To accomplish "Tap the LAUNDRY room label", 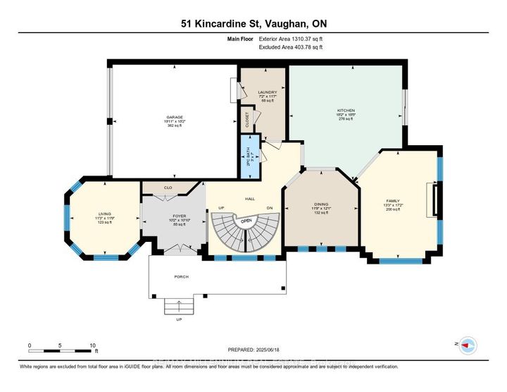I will click(x=267, y=92).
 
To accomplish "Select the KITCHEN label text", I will click(x=346, y=111).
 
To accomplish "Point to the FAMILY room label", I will click(x=392, y=201).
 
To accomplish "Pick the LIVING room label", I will click(x=105, y=214).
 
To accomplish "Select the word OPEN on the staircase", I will click(x=246, y=221).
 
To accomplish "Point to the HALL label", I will click(x=249, y=200).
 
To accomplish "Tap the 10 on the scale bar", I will click(x=93, y=345).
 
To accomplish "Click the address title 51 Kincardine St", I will click(x=253, y=23).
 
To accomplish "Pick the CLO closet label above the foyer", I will click(x=168, y=188).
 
